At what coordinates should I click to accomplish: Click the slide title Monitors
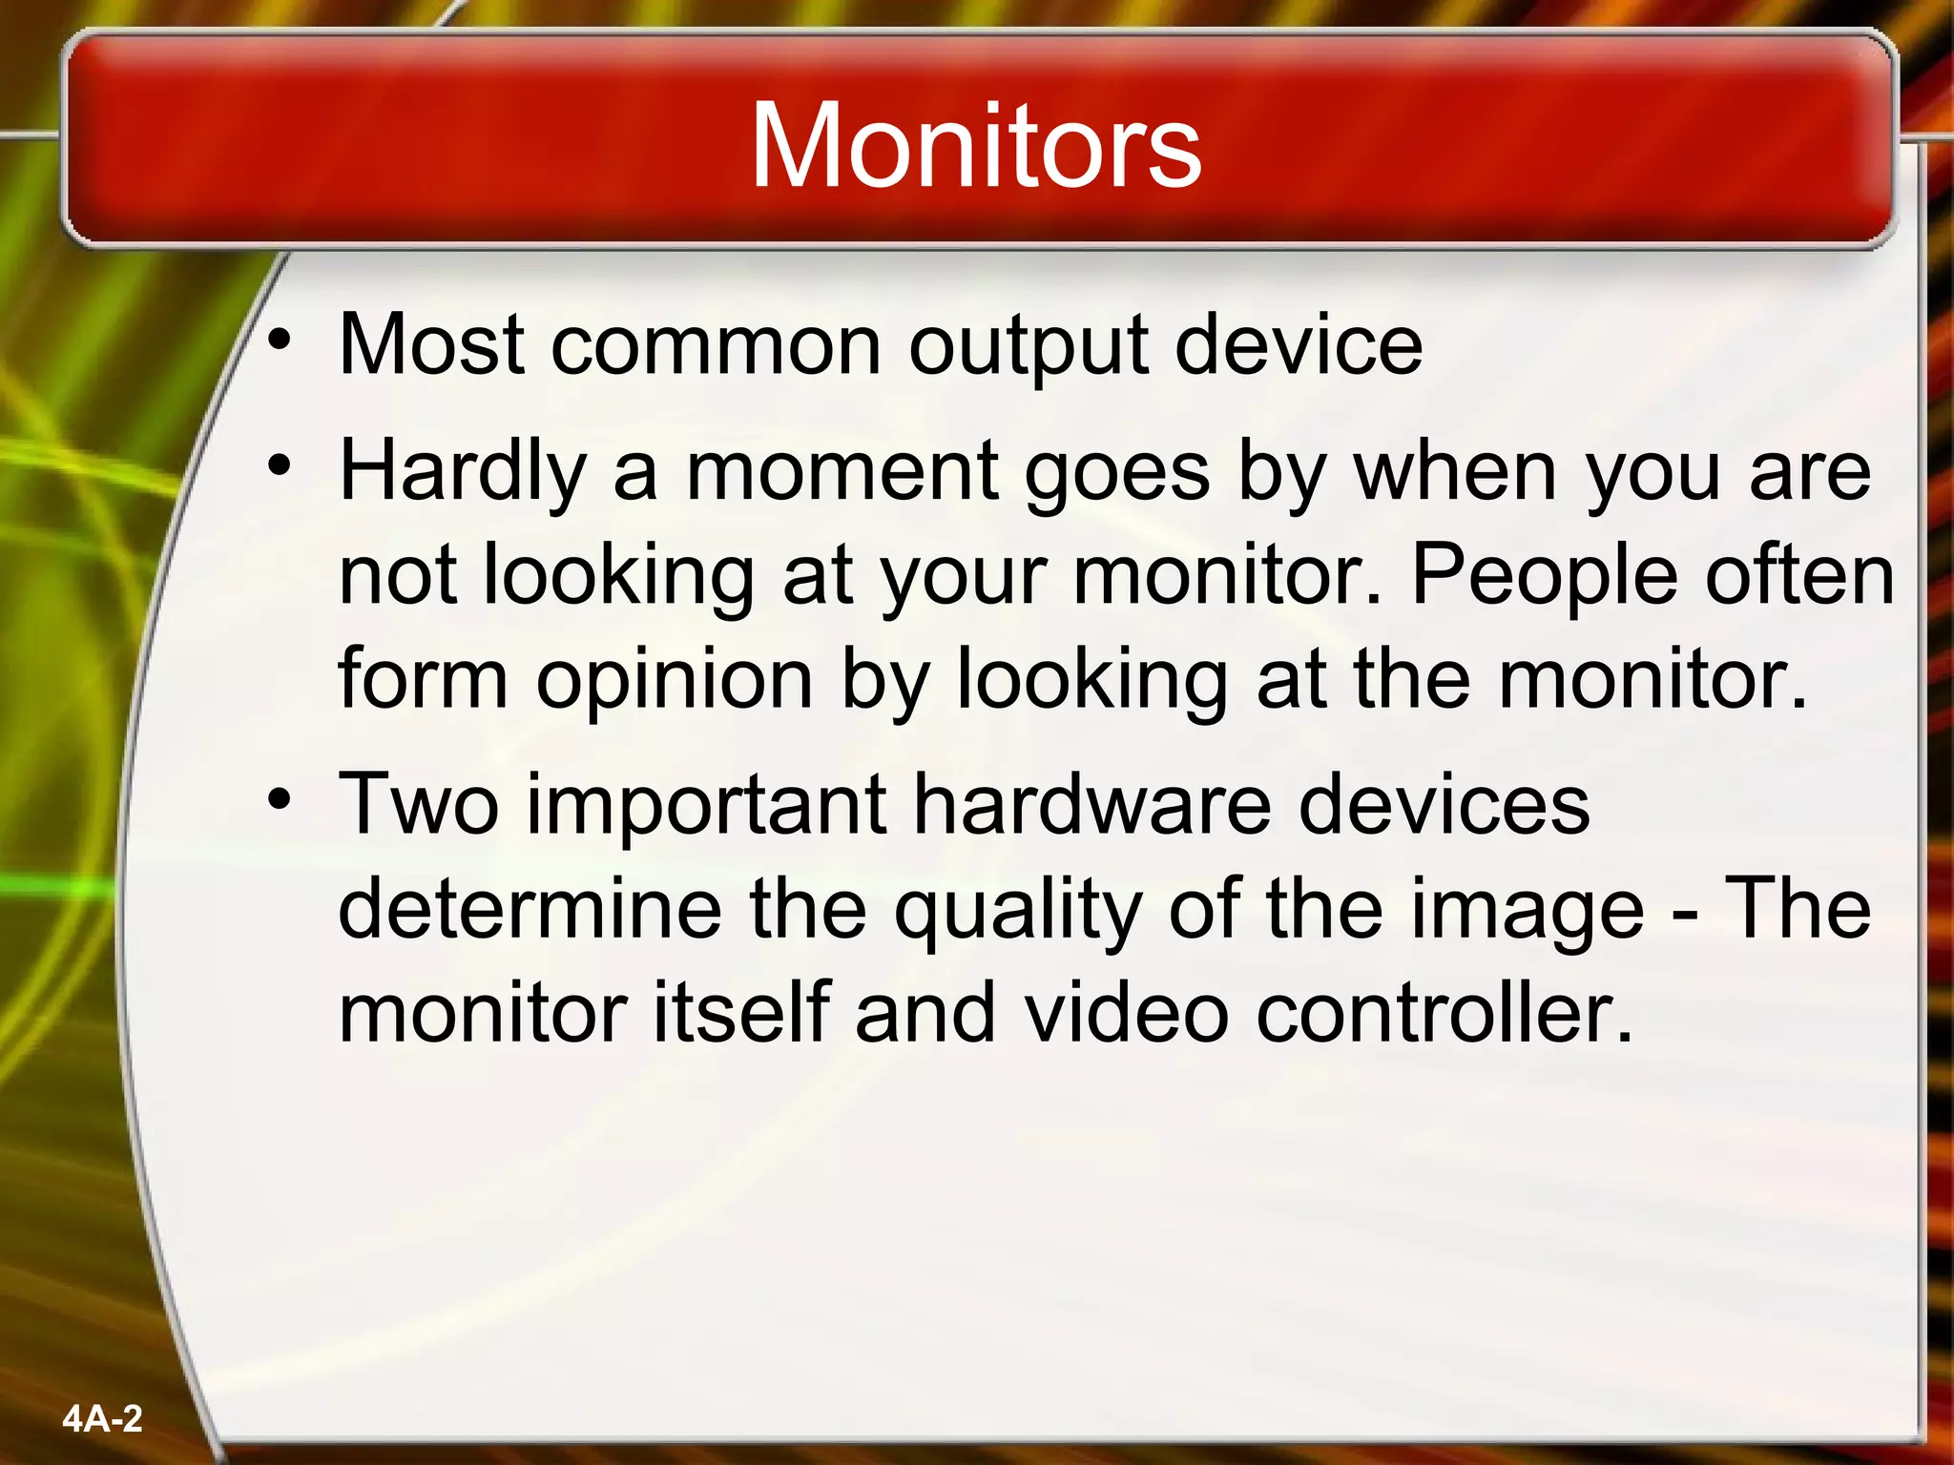(x=975, y=146)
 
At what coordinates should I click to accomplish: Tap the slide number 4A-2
(x=102, y=1418)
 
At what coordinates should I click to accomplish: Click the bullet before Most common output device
(x=279, y=340)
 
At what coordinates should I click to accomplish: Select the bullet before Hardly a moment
(x=279, y=466)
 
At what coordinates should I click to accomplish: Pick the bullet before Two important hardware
(x=279, y=799)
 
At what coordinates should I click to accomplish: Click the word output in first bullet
(x=1028, y=345)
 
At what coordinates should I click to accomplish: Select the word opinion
(x=674, y=680)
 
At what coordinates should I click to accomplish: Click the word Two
(x=419, y=804)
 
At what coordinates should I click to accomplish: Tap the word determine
(x=530, y=909)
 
